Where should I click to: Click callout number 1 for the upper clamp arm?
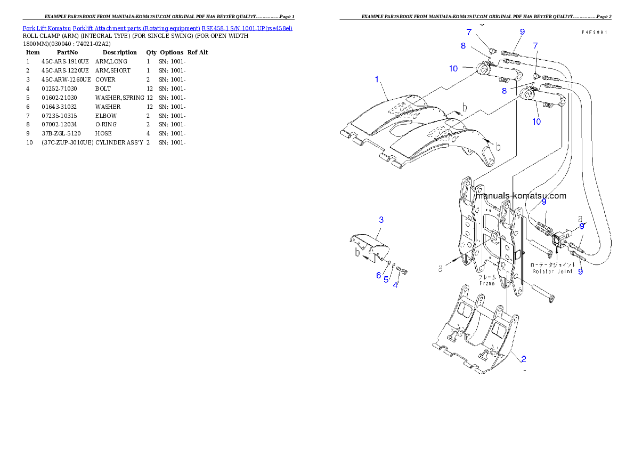click(377, 79)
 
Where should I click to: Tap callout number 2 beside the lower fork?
click(524, 358)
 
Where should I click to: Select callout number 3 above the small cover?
click(381, 219)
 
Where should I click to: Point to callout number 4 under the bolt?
click(395, 285)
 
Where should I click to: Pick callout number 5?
click(386, 279)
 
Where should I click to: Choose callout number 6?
click(378, 275)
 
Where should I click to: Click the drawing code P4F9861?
click(595, 32)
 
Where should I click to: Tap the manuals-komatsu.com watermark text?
click(520, 196)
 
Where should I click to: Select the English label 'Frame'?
click(487, 283)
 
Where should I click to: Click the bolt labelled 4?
click(402, 271)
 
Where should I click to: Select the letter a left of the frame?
click(441, 269)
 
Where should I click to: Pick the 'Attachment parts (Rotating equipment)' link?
click(149, 28)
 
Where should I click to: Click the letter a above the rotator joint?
click(580, 218)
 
